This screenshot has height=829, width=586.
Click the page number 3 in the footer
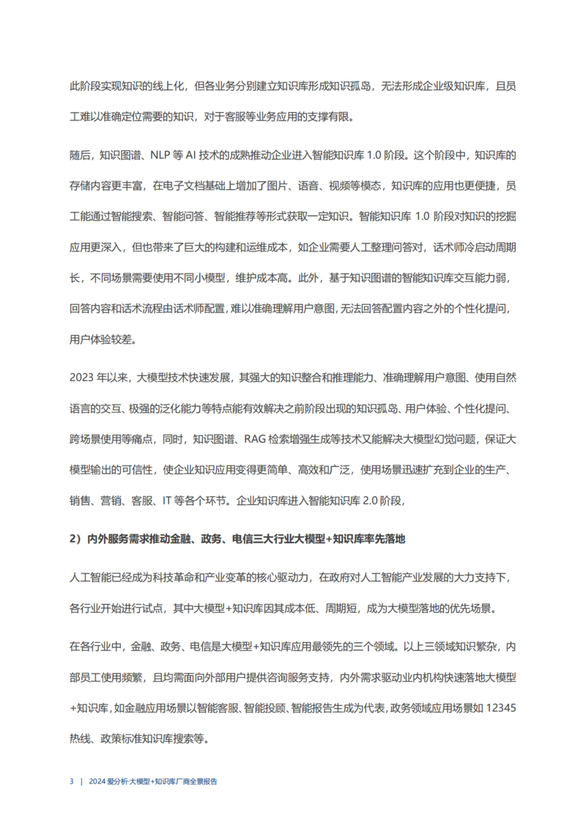[71, 781]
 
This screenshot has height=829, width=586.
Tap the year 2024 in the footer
[97, 781]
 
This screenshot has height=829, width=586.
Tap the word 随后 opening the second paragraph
[80, 155]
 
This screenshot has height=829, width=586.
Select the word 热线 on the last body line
[80, 739]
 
